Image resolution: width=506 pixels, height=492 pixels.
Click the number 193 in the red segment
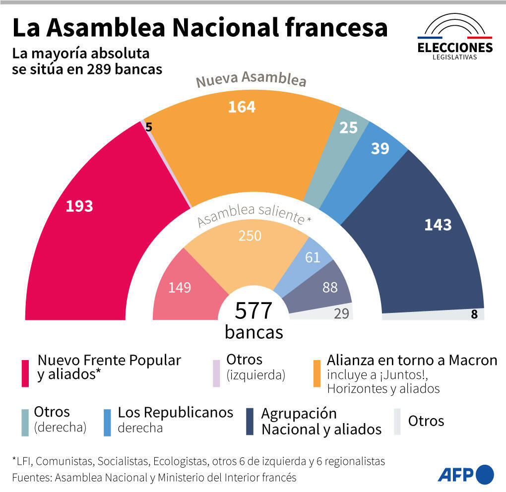(79, 206)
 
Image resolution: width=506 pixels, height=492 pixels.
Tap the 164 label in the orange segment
(242, 107)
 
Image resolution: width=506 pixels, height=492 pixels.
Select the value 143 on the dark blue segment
(438, 225)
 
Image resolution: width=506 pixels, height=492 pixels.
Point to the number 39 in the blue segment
(380, 148)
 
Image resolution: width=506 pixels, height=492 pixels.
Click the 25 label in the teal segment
(349, 128)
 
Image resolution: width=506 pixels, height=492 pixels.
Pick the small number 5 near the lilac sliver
(149, 127)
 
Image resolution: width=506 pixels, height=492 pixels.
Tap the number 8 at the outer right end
(474, 314)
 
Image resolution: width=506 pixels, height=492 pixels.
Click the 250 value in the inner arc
(250, 236)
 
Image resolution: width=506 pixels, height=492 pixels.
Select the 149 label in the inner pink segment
(180, 287)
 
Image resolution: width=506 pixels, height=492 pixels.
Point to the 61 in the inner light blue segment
(313, 257)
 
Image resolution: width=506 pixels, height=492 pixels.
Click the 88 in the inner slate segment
(330, 287)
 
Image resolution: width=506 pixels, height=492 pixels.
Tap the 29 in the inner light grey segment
(341, 313)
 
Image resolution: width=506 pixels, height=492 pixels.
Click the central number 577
(253, 311)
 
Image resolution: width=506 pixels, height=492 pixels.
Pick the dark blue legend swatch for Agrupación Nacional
(250, 422)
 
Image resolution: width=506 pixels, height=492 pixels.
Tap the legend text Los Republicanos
(175, 412)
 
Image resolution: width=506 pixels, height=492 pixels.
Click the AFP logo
(465, 474)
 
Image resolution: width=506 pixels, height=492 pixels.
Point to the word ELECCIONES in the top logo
(455, 48)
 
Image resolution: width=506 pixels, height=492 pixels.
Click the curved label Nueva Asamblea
(251, 80)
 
